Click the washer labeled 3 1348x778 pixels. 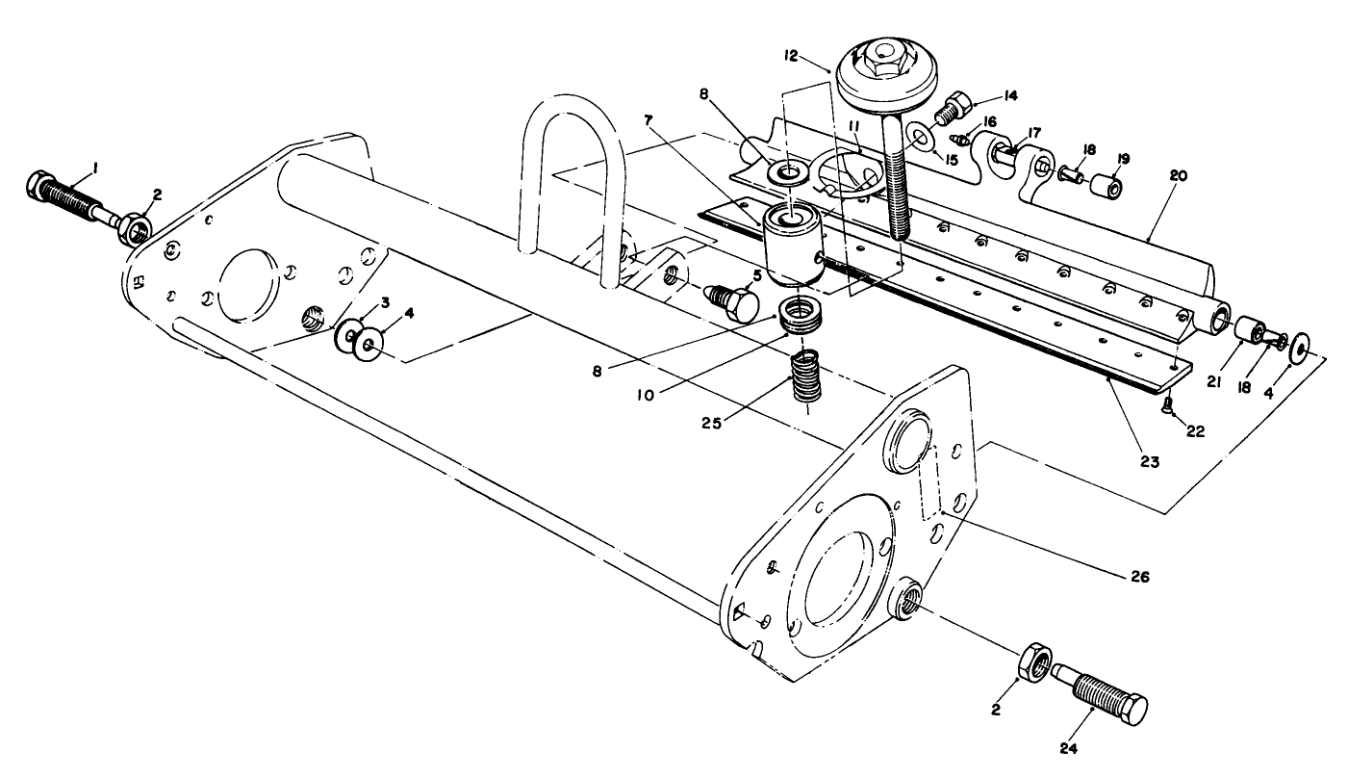tap(343, 337)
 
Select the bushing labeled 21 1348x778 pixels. tap(1248, 331)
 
